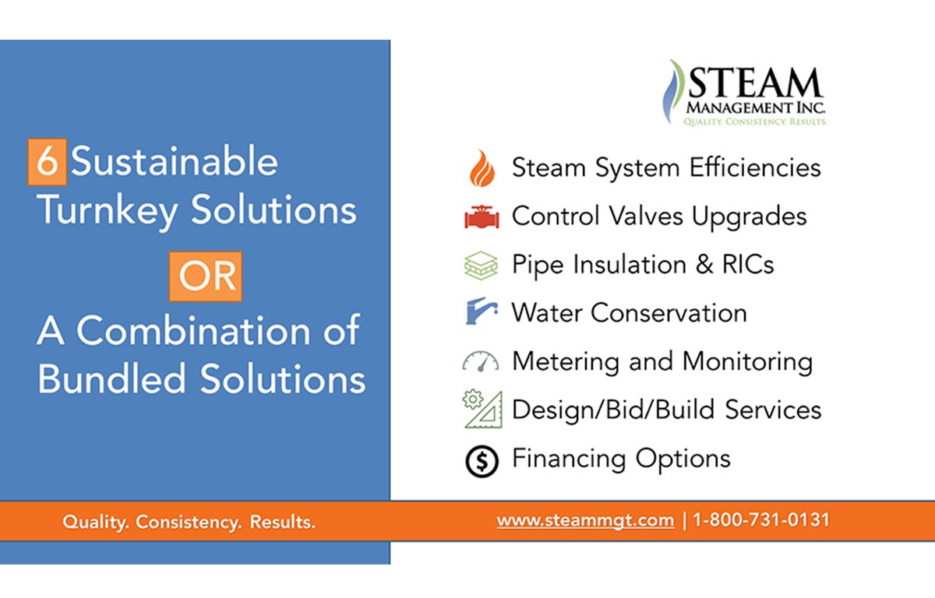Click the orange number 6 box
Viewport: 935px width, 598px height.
tap(47, 162)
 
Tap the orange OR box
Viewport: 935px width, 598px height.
tap(206, 276)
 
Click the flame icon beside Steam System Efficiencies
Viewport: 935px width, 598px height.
tap(482, 169)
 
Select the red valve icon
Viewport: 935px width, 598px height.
tap(482, 217)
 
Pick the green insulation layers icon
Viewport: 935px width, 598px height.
tap(481, 266)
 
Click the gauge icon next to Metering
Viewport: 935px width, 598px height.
tap(481, 362)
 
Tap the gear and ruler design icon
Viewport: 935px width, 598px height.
tap(482, 410)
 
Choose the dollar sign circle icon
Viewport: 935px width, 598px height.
tap(481, 461)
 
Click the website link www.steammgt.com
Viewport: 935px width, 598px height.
tap(585, 520)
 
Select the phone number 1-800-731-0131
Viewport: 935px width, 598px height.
tap(760, 520)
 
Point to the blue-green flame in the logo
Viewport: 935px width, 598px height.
tap(672, 90)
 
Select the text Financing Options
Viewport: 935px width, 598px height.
tap(621, 458)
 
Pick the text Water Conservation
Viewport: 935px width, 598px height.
tap(629, 313)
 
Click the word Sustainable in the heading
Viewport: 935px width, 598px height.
tap(175, 162)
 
